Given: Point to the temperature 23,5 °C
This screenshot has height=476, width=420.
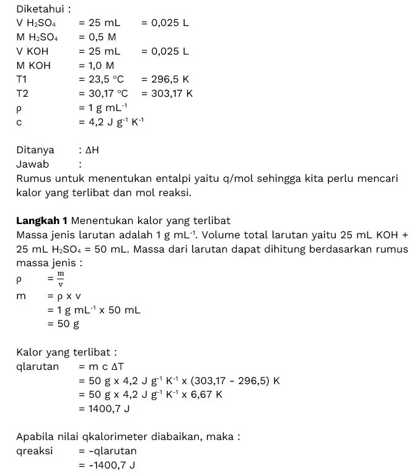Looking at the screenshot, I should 106,79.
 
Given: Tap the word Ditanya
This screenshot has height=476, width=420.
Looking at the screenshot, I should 35,150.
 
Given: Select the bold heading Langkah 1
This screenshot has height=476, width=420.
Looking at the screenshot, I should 42,220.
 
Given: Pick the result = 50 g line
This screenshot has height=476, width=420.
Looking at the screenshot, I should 63,323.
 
